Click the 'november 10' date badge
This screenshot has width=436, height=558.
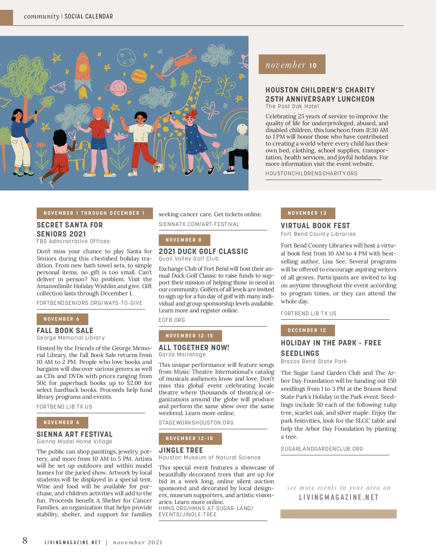[292, 65]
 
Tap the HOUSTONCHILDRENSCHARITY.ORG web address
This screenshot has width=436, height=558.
[311, 173]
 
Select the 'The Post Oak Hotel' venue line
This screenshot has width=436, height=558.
[292, 106]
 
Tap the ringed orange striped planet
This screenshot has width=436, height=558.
[138, 76]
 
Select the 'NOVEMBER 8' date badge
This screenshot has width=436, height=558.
[184, 240]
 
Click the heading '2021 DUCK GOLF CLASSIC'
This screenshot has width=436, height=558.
[203, 251]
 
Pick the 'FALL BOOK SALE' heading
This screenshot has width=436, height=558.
[65, 331]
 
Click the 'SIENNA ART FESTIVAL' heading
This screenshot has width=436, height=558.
[74, 434]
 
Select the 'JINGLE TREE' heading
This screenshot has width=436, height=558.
[181, 450]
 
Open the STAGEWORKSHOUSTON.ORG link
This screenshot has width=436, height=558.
[196, 423]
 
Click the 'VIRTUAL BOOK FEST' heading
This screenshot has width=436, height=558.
[315, 226]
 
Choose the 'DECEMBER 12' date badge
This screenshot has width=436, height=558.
[307, 331]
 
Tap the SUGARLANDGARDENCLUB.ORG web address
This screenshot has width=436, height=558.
[322, 449]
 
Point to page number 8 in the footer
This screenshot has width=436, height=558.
[25, 541]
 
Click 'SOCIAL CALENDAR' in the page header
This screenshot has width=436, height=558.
[89, 16]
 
